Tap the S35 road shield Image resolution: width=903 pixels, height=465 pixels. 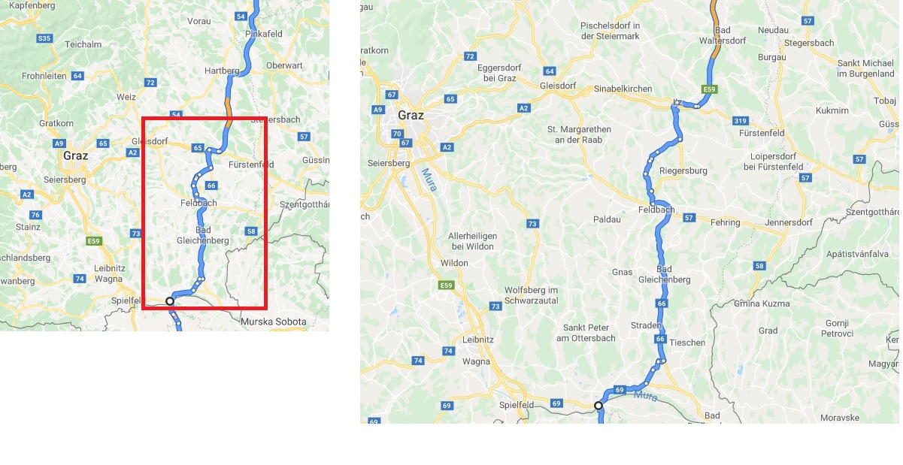(44, 38)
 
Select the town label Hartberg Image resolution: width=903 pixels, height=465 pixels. (222, 71)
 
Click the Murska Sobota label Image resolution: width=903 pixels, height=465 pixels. (274, 322)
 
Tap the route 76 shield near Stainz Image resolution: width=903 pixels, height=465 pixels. (35, 215)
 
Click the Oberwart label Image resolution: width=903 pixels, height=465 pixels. (284, 65)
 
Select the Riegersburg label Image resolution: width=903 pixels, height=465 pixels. (683, 171)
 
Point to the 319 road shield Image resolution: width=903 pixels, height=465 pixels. (741, 120)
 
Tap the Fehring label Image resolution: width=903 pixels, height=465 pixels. (725, 222)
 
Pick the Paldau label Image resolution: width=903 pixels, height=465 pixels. (607, 219)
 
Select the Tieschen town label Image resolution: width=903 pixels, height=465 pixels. (688, 343)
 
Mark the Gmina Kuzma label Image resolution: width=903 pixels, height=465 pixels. (762, 303)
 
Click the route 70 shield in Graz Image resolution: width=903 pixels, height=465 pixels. (397, 134)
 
